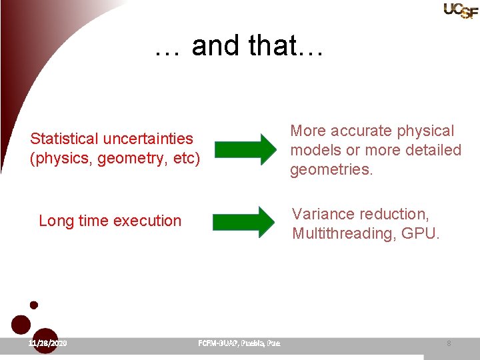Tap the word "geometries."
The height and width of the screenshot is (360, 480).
click(331, 169)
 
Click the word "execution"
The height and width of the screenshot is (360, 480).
click(149, 221)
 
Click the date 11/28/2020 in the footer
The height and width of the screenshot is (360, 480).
click(47, 343)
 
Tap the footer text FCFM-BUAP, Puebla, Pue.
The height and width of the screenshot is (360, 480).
click(239, 343)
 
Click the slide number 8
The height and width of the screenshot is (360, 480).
click(449, 343)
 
